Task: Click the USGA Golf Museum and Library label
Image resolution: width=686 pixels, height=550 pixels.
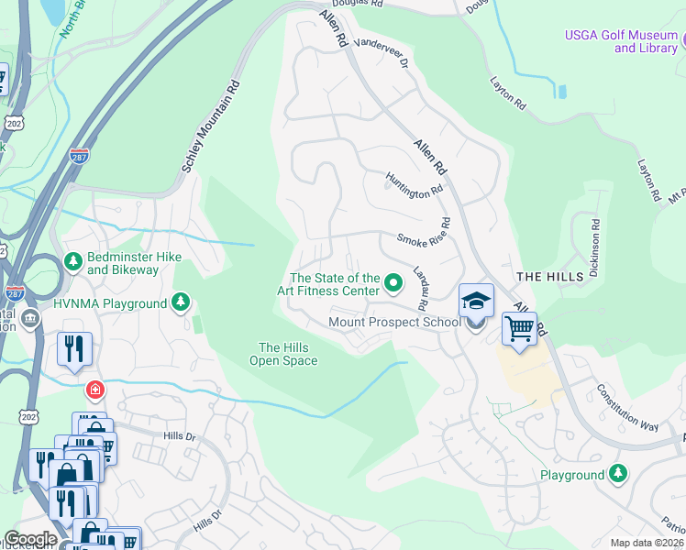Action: coord(621,41)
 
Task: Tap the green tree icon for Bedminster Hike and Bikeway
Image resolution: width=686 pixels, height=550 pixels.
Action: coord(73,263)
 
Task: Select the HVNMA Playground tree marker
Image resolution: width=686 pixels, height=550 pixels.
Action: coord(182,302)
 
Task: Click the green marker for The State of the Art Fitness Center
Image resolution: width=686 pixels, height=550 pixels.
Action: coord(393,283)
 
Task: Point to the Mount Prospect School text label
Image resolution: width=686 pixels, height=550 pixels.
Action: coord(395,322)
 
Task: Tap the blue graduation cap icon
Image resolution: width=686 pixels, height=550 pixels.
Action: coord(476,300)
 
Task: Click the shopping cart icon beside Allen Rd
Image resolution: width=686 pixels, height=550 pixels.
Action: coord(519,328)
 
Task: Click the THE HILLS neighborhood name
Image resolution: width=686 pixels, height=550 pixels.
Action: coord(549,276)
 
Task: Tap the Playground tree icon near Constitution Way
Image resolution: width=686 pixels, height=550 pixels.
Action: coord(619,474)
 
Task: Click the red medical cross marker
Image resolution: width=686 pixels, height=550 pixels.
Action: coord(94,390)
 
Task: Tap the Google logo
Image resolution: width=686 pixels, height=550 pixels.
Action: coord(30,539)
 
